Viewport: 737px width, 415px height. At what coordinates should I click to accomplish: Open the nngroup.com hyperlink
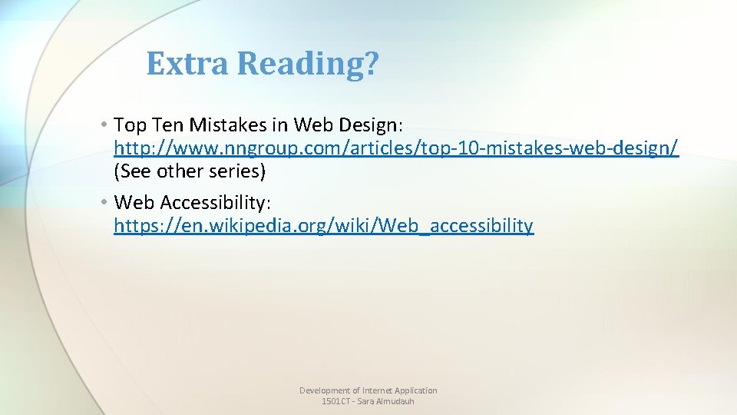click(x=396, y=148)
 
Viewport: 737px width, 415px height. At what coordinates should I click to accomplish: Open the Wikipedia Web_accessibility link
click(x=323, y=226)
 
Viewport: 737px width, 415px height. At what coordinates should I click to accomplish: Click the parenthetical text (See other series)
click(x=190, y=171)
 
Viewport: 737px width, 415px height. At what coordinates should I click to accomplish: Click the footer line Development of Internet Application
click(x=368, y=390)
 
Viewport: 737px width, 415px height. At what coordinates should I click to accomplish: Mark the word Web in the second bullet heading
click(x=132, y=203)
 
